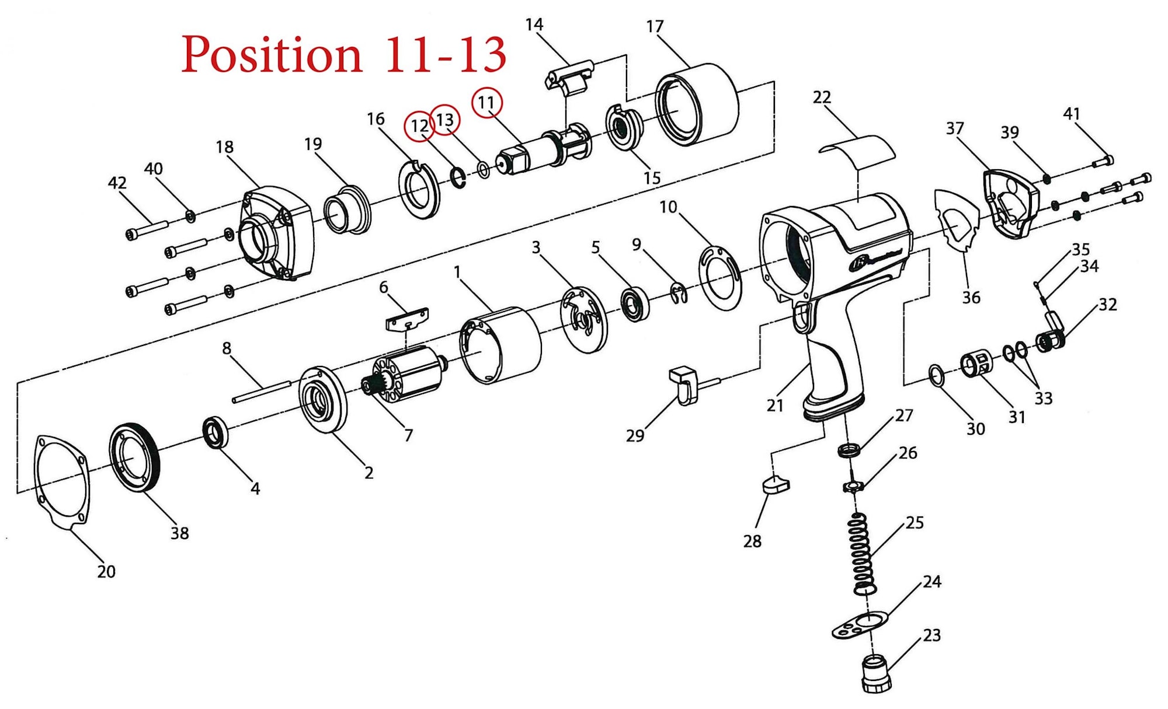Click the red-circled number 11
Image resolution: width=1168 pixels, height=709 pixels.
pyautogui.click(x=486, y=103)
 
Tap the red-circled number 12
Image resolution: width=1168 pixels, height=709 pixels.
pyautogui.click(x=419, y=126)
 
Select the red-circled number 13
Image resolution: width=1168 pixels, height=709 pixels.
pyautogui.click(x=445, y=120)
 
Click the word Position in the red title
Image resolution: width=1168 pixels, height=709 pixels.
pyautogui.click(x=272, y=55)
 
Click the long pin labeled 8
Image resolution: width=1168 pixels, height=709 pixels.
pyautogui.click(x=261, y=391)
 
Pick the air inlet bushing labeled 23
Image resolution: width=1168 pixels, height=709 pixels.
pyautogui.click(x=877, y=674)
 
